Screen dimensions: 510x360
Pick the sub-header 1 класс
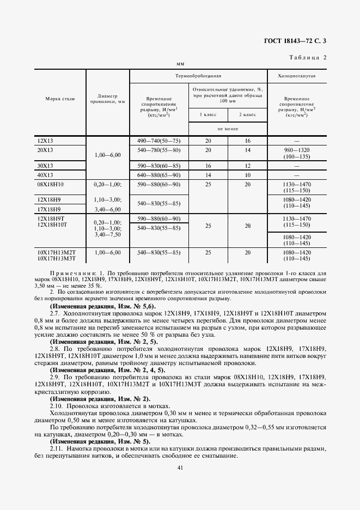208,114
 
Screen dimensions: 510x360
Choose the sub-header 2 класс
247,114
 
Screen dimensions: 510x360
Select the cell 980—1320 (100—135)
297,153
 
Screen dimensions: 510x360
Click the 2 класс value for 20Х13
247,149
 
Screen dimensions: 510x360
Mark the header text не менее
228,129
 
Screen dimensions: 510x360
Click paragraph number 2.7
54,314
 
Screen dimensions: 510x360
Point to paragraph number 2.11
55,448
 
